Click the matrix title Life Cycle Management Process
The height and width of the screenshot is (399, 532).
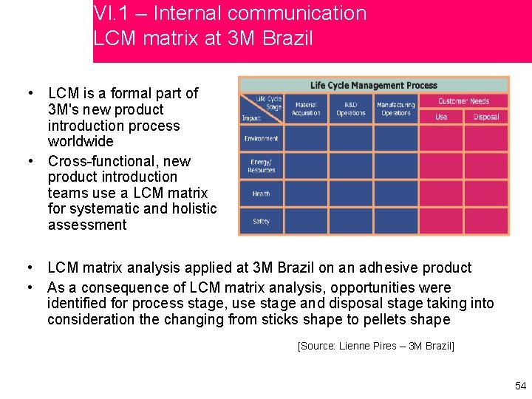[373, 86]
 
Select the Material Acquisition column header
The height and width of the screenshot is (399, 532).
[306, 109]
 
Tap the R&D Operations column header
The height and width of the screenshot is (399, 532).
[350, 109]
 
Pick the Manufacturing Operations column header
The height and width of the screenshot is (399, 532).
[395, 109]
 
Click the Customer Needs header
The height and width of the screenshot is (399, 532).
[463, 101]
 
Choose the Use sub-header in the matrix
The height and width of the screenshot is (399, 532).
[441, 117]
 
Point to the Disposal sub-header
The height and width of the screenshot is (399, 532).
[486, 117]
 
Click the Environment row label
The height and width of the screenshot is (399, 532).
[261, 138]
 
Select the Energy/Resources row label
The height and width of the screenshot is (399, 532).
[261, 166]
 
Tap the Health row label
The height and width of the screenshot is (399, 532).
[261, 194]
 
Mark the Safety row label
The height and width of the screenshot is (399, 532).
[261, 221]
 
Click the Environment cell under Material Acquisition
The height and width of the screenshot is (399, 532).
[306, 138]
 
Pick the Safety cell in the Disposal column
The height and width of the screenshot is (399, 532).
[486, 221]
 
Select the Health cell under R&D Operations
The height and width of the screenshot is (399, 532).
[350, 194]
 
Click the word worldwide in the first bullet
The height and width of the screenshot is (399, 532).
[81, 141]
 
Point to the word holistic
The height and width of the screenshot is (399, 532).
[193, 209]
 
